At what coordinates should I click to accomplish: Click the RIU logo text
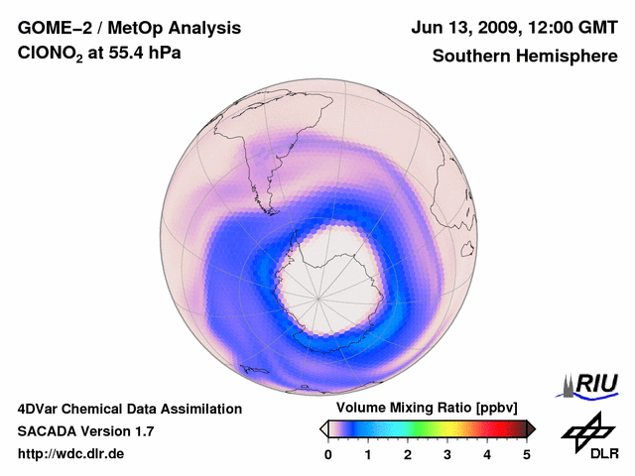(x=595, y=384)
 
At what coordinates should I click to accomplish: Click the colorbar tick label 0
(x=328, y=454)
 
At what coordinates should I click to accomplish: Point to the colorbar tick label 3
(x=447, y=454)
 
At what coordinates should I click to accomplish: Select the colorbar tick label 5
(x=527, y=454)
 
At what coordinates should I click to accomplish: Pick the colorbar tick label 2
(x=408, y=454)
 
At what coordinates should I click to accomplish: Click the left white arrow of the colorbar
(x=323, y=428)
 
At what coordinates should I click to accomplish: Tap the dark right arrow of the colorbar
(x=531, y=428)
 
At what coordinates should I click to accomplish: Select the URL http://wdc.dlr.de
(x=71, y=454)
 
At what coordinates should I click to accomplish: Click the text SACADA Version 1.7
(x=85, y=431)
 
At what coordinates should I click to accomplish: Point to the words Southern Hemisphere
(x=524, y=56)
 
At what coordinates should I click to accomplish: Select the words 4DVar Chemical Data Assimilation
(x=129, y=409)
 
